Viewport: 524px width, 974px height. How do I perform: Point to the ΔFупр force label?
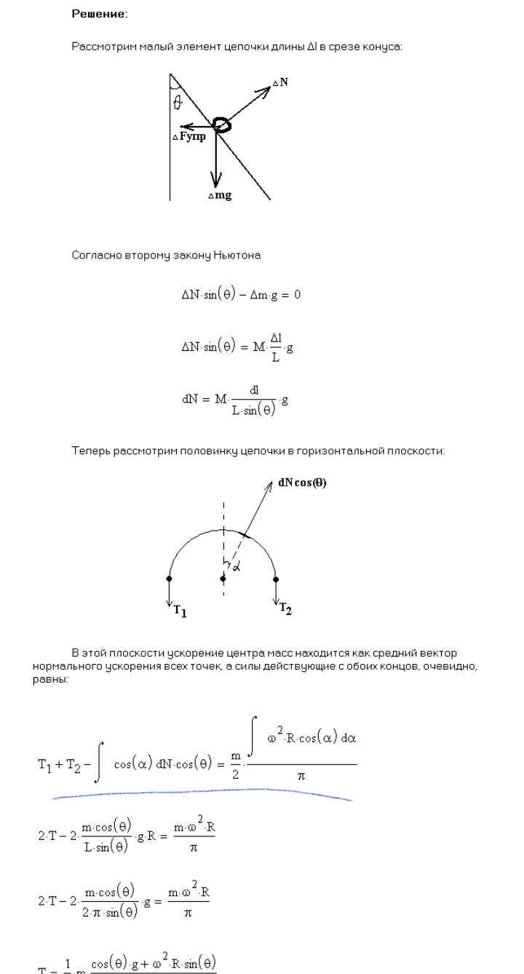click(188, 136)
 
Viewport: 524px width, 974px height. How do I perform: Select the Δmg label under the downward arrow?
click(219, 196)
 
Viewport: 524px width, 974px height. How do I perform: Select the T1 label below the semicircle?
click(180, 611)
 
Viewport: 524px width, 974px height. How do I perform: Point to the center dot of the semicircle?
click(223, 579)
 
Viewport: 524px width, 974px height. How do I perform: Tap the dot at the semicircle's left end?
click(170, 579)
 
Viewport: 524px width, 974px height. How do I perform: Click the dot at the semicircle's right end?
click(277, 579)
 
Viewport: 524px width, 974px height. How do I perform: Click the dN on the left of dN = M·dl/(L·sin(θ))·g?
click(191, 398)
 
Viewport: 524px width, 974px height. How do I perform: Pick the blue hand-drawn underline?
click(204, 793)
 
